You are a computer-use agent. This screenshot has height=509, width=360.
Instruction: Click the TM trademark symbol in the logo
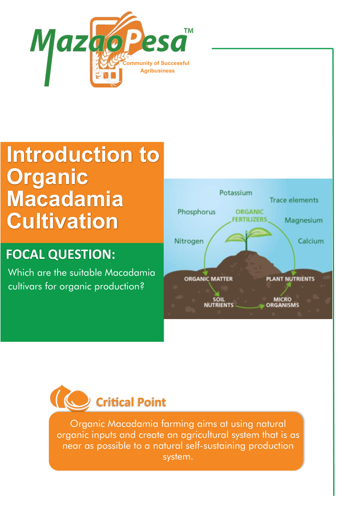[x=189, y=31]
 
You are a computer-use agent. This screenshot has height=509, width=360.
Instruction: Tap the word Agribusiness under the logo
[x=157, y=71]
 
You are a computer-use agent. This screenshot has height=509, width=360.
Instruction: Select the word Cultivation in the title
[x=62, y=221]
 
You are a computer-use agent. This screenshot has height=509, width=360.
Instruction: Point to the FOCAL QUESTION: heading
[x=61, y=255]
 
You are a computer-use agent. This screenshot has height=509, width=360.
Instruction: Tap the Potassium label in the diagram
[x=236, y=193]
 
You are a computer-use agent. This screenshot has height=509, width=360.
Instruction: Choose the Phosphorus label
[x=196, y=212]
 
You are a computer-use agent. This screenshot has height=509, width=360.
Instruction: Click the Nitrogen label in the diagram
[x=189, y=241]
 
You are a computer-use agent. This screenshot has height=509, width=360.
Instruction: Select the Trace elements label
[x=294, y=200]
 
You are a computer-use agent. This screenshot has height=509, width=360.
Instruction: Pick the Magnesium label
[x=303, y=221]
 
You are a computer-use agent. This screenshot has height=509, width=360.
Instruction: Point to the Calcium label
[x=311, y=241]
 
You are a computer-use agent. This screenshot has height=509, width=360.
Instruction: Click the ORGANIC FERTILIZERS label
[x=249, y=216]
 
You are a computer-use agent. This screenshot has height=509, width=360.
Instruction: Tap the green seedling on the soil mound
[x=248, y=239]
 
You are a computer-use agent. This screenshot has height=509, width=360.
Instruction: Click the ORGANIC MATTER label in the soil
[x=209, y=279]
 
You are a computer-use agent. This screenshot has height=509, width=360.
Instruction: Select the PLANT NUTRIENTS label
[x=290, y=279]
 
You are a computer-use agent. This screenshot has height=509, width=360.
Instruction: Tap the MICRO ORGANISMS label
[x=282, y=302]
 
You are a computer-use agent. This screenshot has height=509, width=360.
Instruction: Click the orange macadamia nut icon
[x=70, y=398]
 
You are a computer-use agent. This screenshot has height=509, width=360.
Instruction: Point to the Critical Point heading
[x=131, y=402]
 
